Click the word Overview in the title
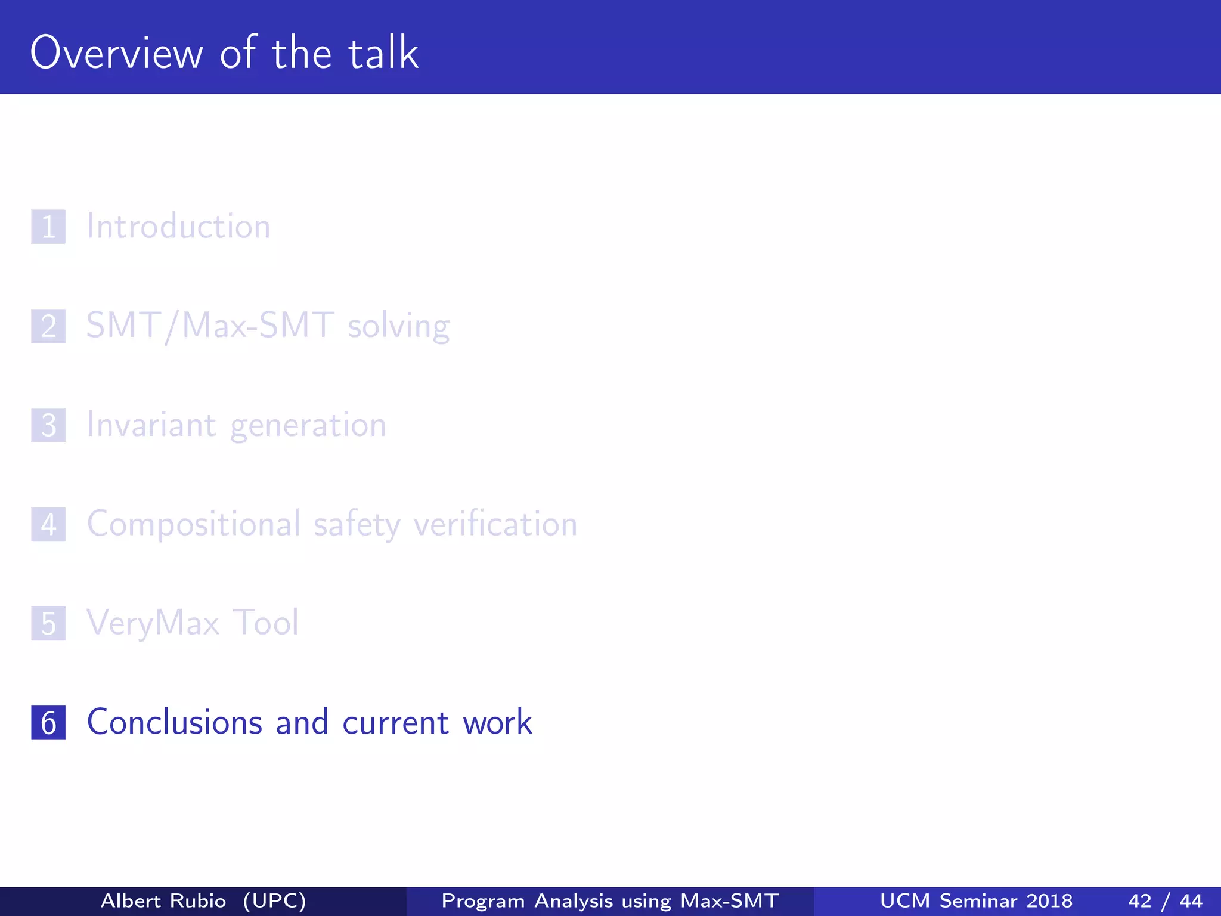click(x=117, y=53)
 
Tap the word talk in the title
click(x=383, y=53)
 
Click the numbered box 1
click(x=48, y=227)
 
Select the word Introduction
click(x=178, y=227)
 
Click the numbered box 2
click(x=48, y=326)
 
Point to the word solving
click(x=398, y=327)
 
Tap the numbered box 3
click(x=48, y=425)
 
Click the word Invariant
click(x=151, y=425)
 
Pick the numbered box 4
click(x=48, y=525)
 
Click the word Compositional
click(x=194, y=525)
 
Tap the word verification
click(x=495, y=525)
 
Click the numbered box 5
click(x=48, y=624)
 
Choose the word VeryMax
click(x=153, y=624)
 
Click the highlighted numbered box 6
click(x=48, y=723)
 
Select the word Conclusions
click(x=175, y=722)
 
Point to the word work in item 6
click(x=497, y=723)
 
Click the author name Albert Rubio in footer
click(x=163, y=900)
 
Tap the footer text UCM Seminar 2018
click(x=976, y=900)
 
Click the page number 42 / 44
click(x=1165, y=900)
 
